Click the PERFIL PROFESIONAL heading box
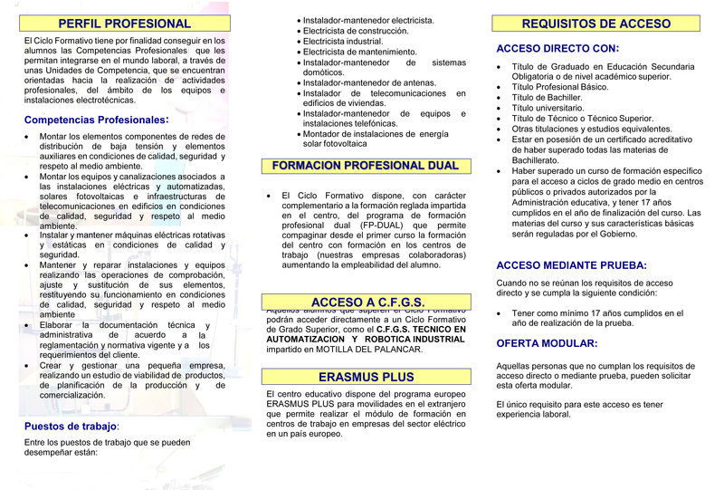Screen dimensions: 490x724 (x=124, y=24)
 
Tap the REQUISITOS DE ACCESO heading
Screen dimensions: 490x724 (x=596, y=24)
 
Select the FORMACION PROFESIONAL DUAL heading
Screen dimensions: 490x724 (x=365, y=166)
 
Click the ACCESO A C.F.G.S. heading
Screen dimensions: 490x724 (x=367, y=302)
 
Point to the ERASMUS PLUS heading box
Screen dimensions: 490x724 (x=366, y=377)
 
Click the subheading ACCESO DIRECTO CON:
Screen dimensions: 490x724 (x=557, y=48)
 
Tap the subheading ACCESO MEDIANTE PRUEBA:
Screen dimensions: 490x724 (x=571, y=265)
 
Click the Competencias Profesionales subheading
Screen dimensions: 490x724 (x=96, y=120)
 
